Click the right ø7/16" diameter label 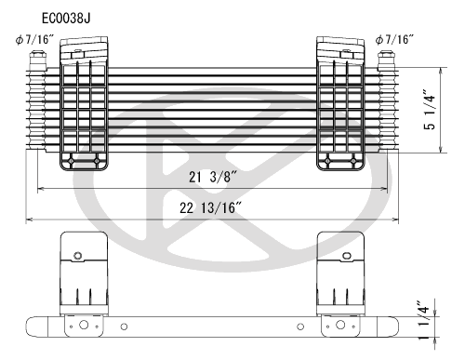coord(397,39)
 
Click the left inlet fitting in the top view coord(37,62)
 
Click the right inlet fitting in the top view coord(389,62)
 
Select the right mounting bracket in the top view coord(341,104)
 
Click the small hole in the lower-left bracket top coord(78,255)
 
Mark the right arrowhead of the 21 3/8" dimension coord(387,190)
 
